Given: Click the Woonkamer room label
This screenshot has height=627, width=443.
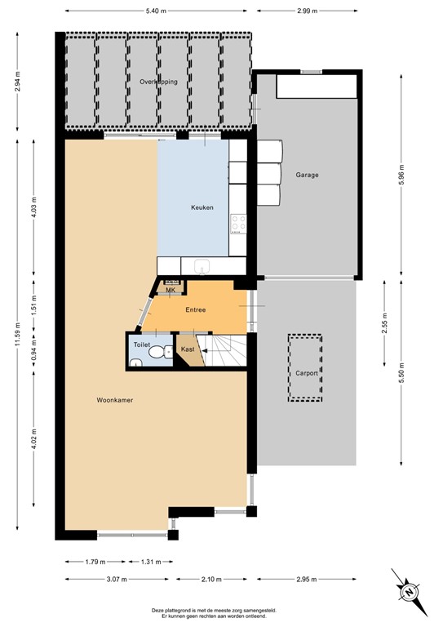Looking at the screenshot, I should [x=114, y=400].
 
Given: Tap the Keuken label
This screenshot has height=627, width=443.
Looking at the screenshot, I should [x=202, y=207].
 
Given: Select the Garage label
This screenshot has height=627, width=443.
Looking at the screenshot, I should [x=308, y=175].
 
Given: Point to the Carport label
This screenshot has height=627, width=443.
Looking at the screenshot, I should [x=307, y=373].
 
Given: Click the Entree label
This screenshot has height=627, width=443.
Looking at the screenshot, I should [x=195, y=310].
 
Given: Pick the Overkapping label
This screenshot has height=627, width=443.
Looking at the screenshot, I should [x=157, y=82].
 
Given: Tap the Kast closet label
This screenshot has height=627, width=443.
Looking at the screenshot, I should [x=188, y=349].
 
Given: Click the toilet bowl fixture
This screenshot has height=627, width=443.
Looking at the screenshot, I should [x=157, y=353].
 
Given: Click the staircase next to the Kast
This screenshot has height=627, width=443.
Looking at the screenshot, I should [x=225, y=351].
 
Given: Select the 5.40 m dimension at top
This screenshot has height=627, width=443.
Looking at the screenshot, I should [x=157, y=11].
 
